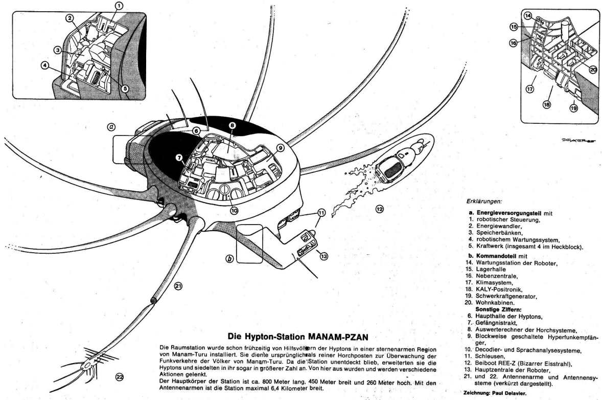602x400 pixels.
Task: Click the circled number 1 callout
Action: (x=119, y=6)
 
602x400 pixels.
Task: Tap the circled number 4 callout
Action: (x=45, y=65)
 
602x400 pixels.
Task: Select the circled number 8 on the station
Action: (x=231, y=125)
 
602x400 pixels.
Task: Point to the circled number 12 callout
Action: (x=379, y=208)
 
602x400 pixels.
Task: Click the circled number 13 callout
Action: (x=323, y=256)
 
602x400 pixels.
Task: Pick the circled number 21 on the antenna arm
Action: (x=178, y=286)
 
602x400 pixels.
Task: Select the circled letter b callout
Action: (x=229, y=259)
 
